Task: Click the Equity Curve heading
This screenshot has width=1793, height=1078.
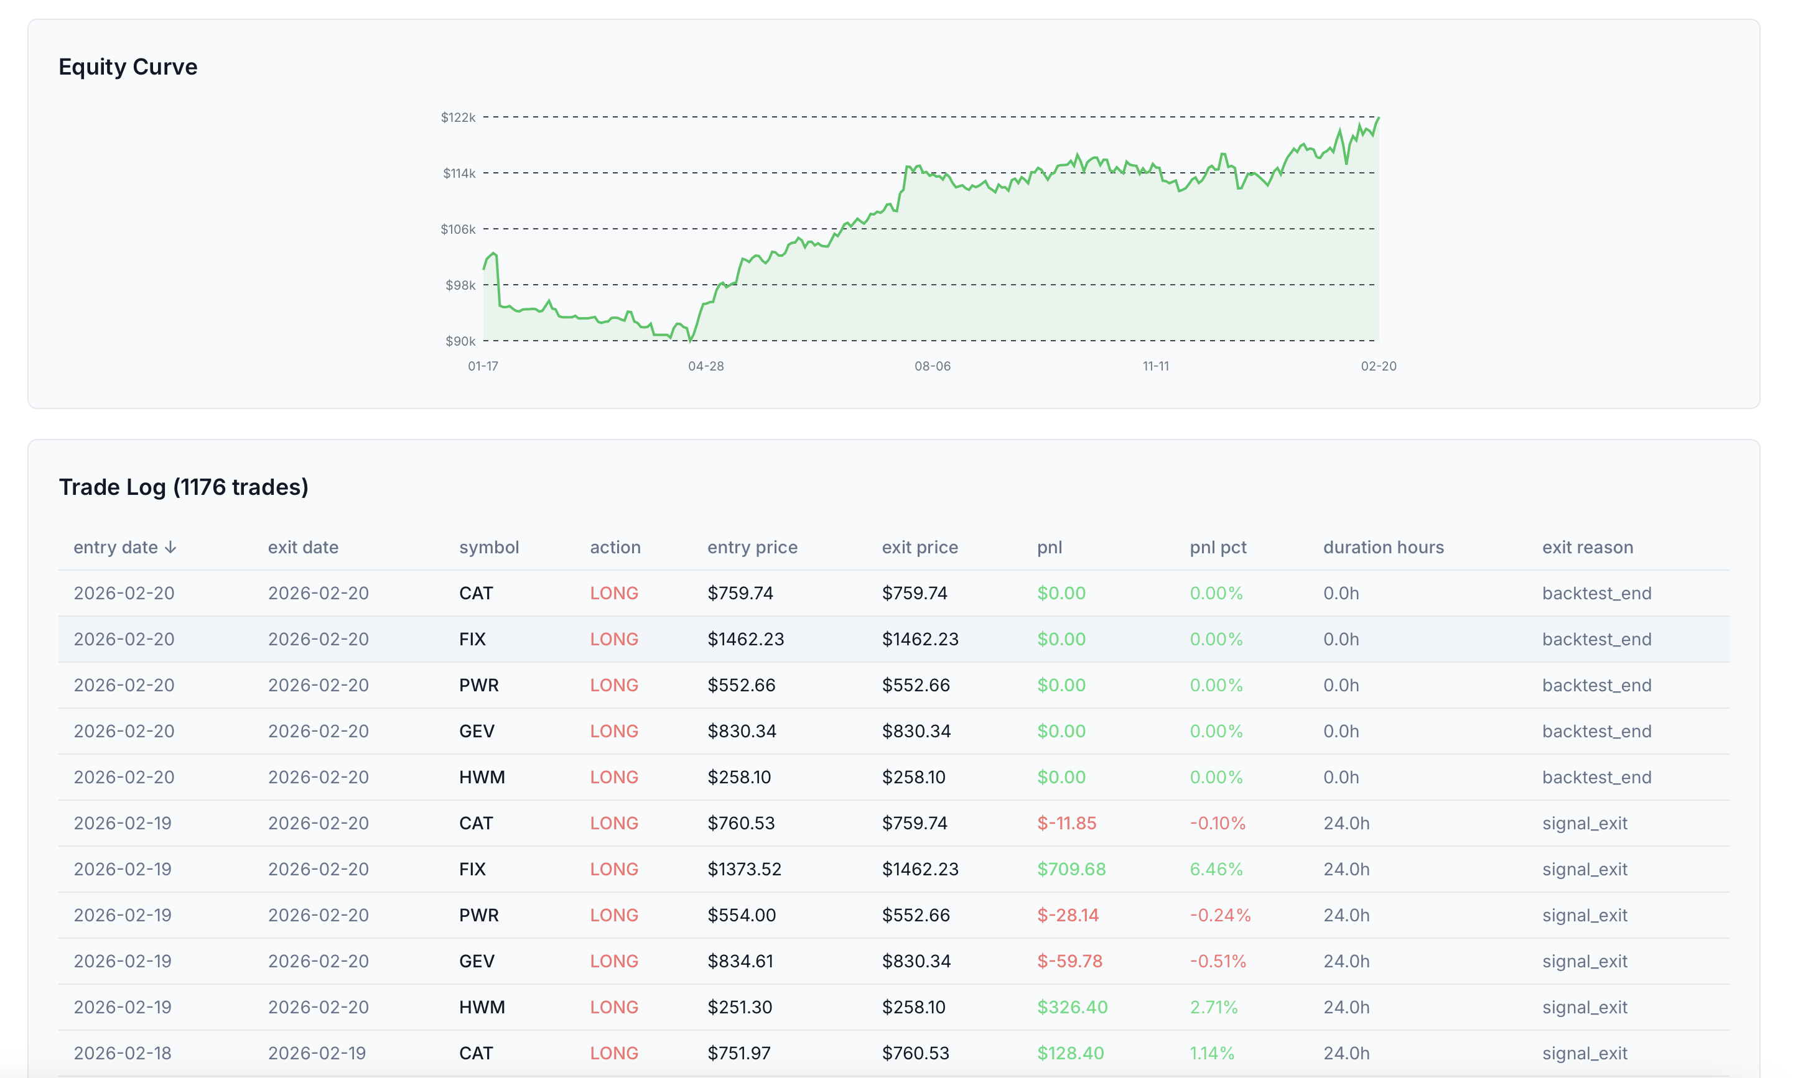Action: coord(128,67)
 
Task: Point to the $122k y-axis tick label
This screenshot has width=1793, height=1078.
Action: coord(458,117)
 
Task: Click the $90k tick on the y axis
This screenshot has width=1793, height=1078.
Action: coord(460,341)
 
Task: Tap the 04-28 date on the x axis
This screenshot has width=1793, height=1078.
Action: coord(706,366)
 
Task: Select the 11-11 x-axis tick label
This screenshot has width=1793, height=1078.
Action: coord(1155,366)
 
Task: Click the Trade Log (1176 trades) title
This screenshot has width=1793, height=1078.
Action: coord(183,487)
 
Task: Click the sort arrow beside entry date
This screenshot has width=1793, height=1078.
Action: coord(171,547)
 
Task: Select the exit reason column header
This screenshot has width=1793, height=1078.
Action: coord(1587,547)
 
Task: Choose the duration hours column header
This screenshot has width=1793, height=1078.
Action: coord(1383,547)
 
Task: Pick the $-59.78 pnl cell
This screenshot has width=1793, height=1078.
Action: coord(1069,961)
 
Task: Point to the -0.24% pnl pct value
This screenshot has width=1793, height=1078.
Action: coord(1219,915)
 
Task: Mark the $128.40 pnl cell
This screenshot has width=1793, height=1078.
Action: coord(1070,1053)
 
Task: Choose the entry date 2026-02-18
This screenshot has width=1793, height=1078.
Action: coord(123,1053)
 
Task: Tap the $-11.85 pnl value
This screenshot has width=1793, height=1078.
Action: coord(1066,823)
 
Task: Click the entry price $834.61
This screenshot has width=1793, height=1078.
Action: coord(740,961)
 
